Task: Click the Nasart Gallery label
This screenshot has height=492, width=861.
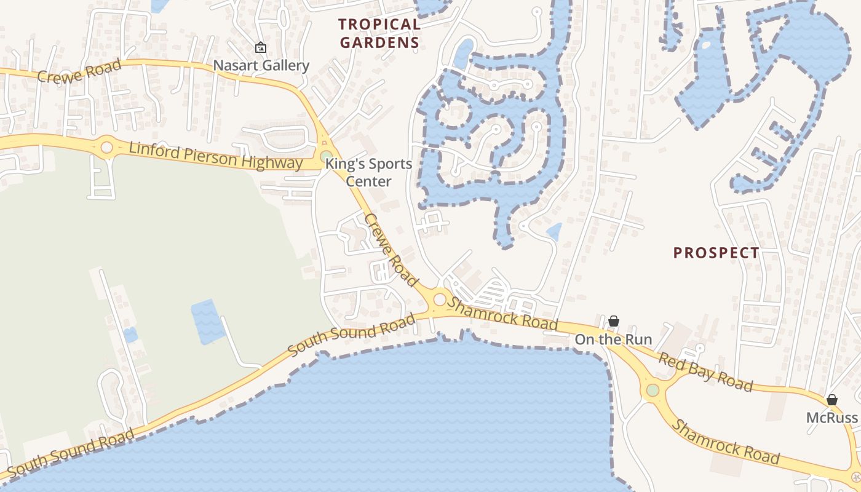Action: [261, 65]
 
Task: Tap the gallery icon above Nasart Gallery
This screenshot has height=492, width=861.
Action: [261, 47]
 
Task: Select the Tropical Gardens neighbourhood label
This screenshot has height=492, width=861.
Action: [379, 33]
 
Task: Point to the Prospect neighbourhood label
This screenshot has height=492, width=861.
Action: [716, 253]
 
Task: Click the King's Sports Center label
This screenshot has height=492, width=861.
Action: [368, 172]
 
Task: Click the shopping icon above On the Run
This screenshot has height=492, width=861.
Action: [613, 321]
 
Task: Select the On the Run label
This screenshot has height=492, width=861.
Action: [613, 339]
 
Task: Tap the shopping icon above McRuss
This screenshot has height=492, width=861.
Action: [832, 400]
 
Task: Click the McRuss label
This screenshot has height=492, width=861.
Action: [832, 418]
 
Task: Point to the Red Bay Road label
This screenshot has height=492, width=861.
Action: [705, 371]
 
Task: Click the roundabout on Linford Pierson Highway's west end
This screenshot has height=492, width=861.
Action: [107, 148]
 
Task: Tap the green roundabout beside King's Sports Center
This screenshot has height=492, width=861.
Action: [326, 156]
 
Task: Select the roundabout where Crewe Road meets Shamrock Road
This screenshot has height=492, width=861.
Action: [440, 300]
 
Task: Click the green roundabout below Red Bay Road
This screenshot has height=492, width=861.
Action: [653, 390]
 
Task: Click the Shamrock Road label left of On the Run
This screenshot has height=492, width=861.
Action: [502, 312]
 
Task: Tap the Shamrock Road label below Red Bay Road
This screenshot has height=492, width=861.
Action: [726, 443]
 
